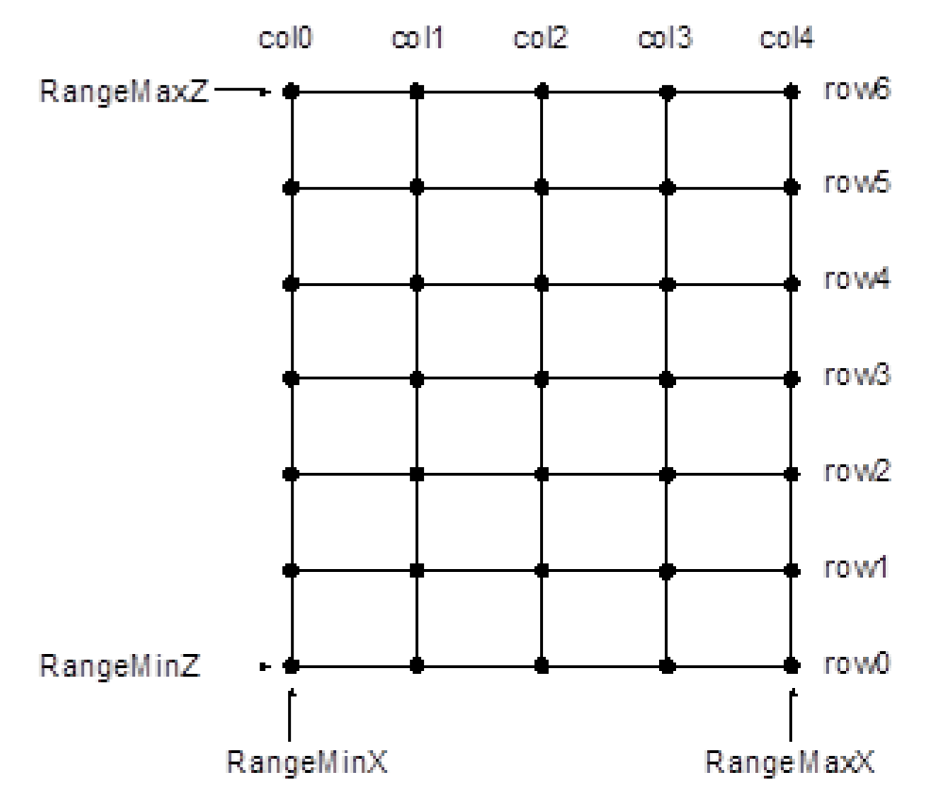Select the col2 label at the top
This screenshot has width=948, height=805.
[541, 41]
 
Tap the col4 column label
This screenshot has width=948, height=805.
[791, 41]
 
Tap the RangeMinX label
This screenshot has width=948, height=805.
[292, 761]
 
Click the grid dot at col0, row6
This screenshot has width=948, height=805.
[292, 92]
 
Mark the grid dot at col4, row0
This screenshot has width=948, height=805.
[791, 665]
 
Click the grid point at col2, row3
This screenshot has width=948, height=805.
[541, 378]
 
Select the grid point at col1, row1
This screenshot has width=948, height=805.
[416, 570]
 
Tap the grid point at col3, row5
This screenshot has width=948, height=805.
[667, 188]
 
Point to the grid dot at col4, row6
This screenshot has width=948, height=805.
[791, 92]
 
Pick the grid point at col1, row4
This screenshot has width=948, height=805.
[416, 283]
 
